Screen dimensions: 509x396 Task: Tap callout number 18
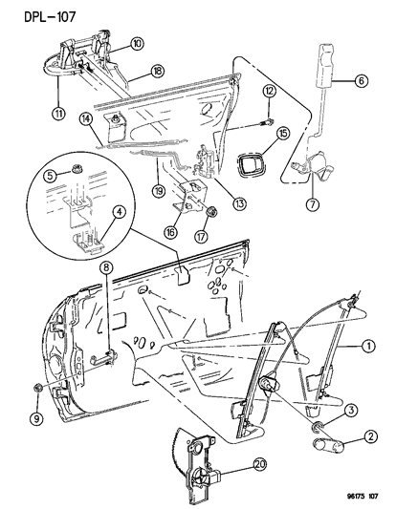[x=156, y=70]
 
